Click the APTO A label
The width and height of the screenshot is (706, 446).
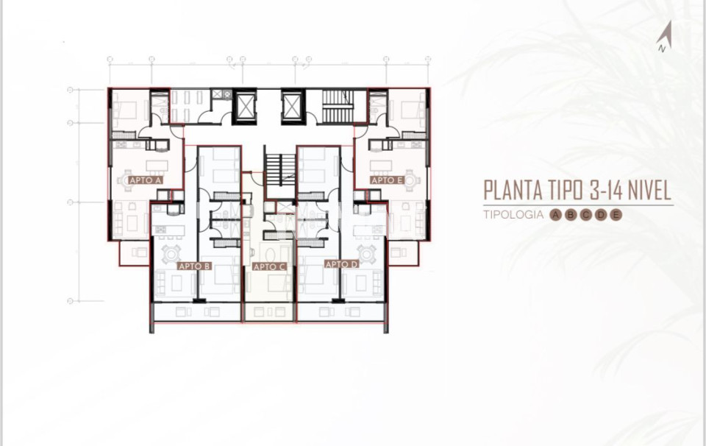[146, 180]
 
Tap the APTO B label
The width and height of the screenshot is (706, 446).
[194, 266]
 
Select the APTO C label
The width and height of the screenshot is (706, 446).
[269, 266]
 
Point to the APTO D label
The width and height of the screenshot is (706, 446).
[342, 264]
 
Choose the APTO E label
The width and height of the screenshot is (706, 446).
[388, 180]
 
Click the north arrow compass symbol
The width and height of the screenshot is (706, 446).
[665, 36]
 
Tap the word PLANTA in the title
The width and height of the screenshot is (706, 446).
[513, 190]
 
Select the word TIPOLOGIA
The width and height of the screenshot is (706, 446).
[513, 214]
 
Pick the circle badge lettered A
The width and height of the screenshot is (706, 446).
[556, 215]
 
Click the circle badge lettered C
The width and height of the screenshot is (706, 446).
[586, 215]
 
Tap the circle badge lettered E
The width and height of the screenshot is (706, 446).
[616, 215]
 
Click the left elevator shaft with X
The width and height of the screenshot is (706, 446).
[244, 106]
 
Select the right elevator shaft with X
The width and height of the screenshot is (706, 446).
[293, 106]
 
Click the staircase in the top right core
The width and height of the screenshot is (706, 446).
[338, 106]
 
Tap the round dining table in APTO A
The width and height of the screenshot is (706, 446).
[127, 180]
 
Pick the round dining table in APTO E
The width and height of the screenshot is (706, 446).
[410, 180]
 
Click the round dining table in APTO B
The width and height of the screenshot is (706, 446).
[171, 255]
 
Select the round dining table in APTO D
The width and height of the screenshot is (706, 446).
[366, 255]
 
